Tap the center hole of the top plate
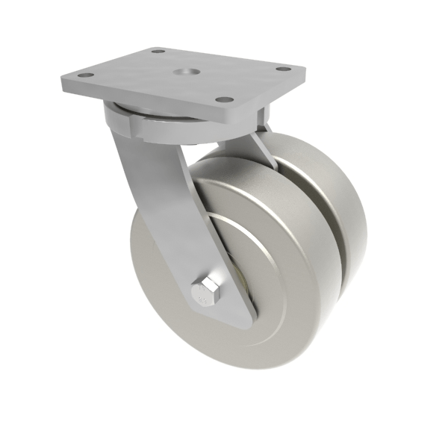pyautogui.click(x=183, y=73)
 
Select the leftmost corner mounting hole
pyautogui.click(x=83, y=76)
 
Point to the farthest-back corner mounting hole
pyautogui.click(x=158, y=52)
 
